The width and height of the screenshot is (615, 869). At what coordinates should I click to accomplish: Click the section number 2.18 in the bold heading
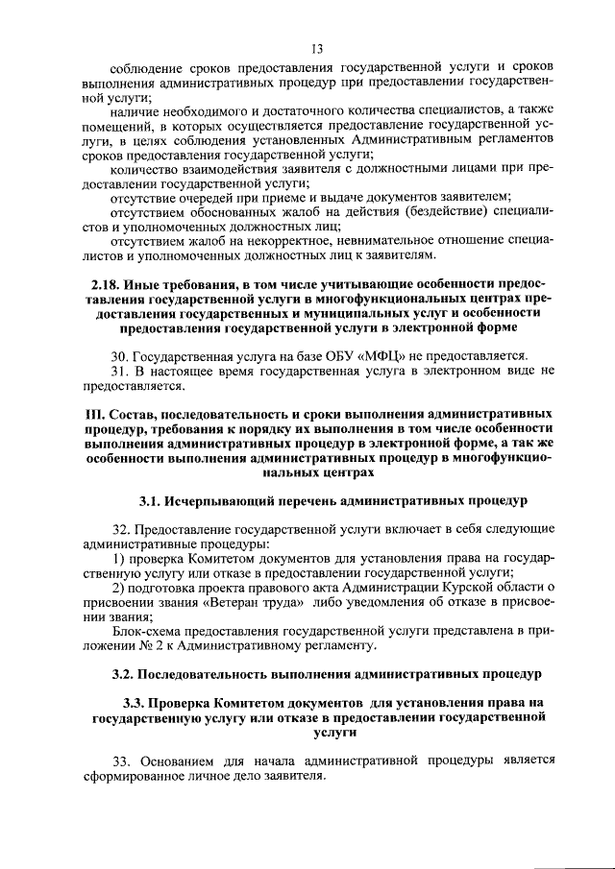tap(105, 285)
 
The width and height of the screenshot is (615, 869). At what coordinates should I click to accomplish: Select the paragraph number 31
tap(119, 371)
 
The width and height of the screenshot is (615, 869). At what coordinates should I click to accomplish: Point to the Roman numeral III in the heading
tap(87, 412)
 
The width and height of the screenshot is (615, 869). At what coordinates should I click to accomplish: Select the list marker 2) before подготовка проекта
tap(119, 588)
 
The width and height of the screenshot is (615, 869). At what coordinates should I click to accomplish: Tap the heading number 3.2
tap(123, 676)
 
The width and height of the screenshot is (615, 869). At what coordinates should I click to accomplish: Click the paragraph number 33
tap(120, 760)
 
